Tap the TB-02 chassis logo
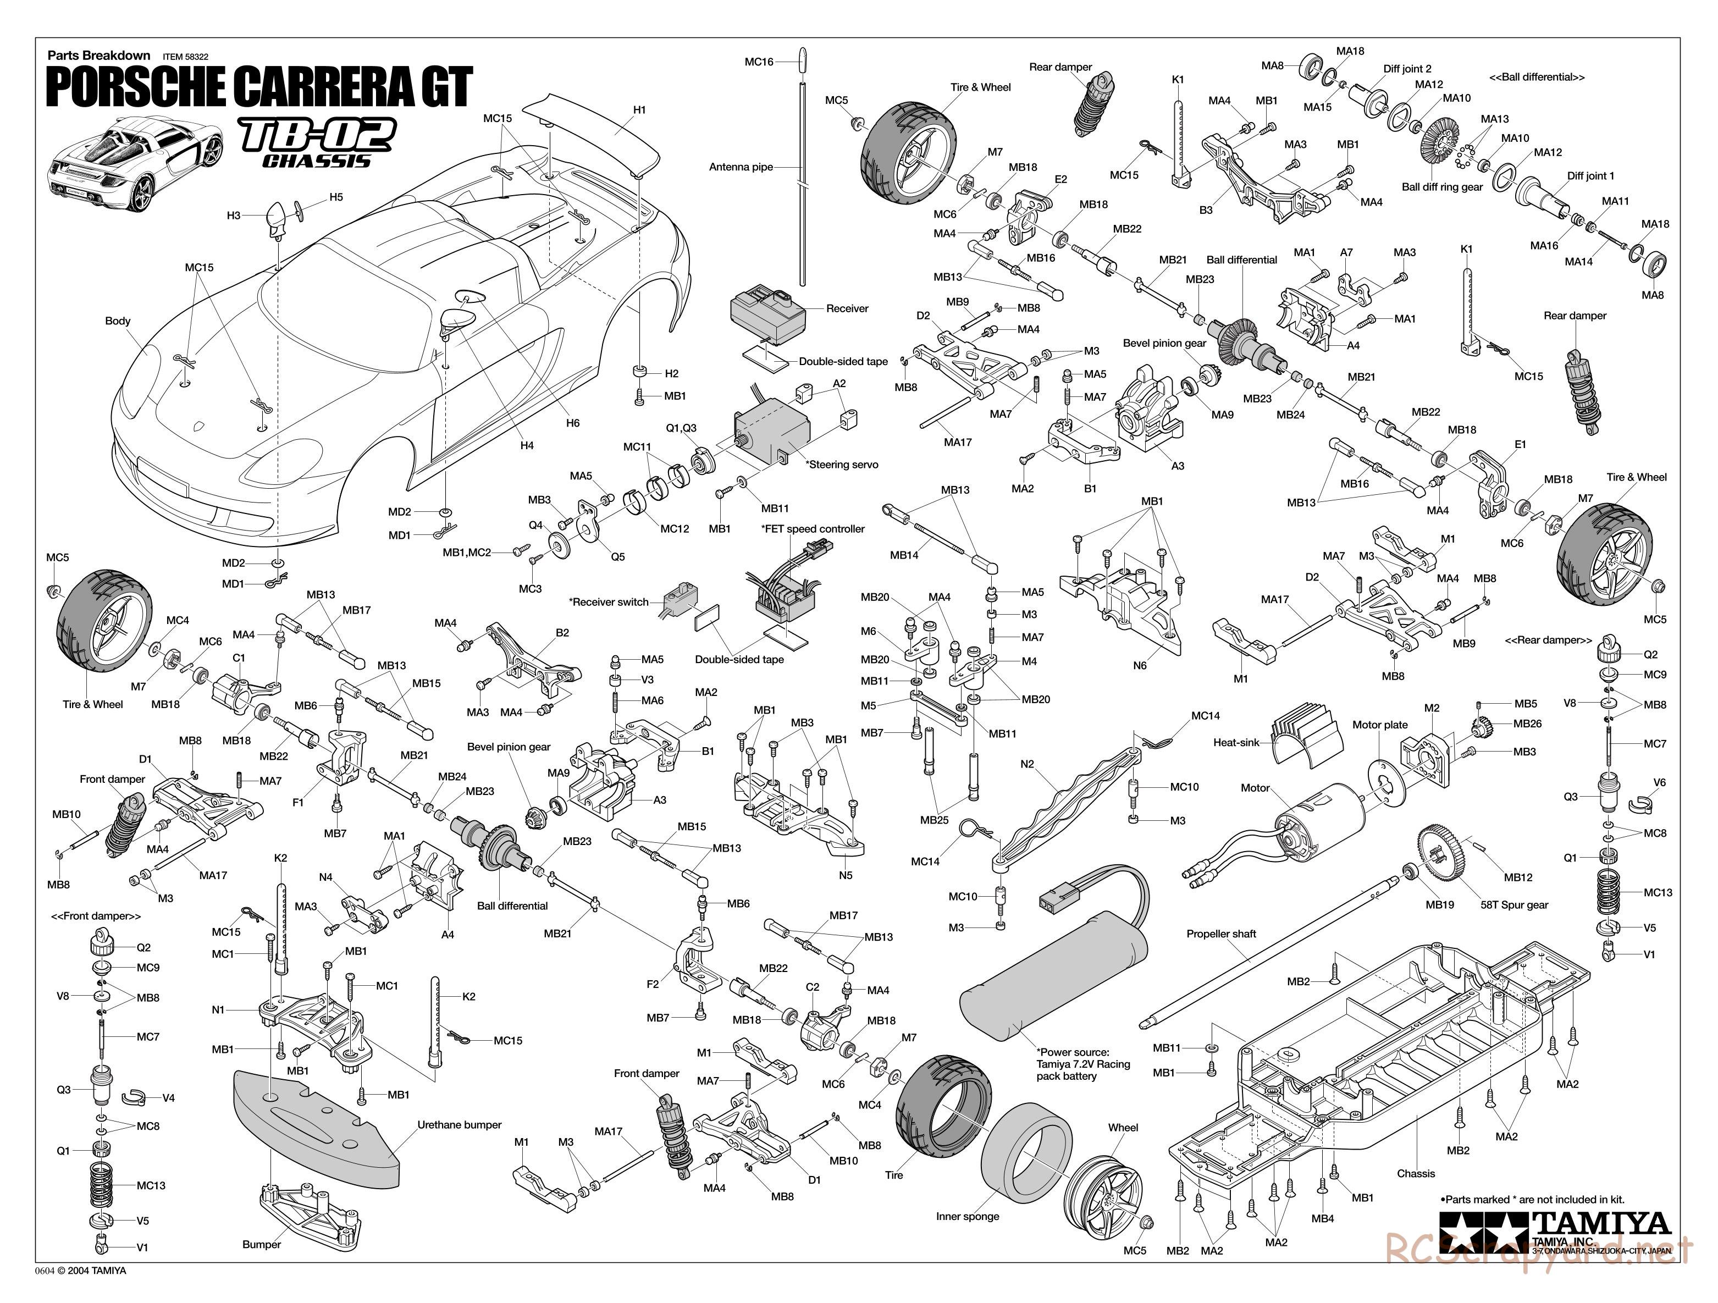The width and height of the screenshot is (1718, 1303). (x=317, y=142)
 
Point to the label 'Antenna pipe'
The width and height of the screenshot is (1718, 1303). (x=740, y=167)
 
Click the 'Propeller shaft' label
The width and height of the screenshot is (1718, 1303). (x=1221, y=934)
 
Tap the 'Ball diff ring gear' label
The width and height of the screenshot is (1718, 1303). (x=1441, y=187)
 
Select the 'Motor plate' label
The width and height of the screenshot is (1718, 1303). (x=1379, y=725)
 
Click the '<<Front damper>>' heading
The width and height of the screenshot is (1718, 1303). (x=96, y=916)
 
